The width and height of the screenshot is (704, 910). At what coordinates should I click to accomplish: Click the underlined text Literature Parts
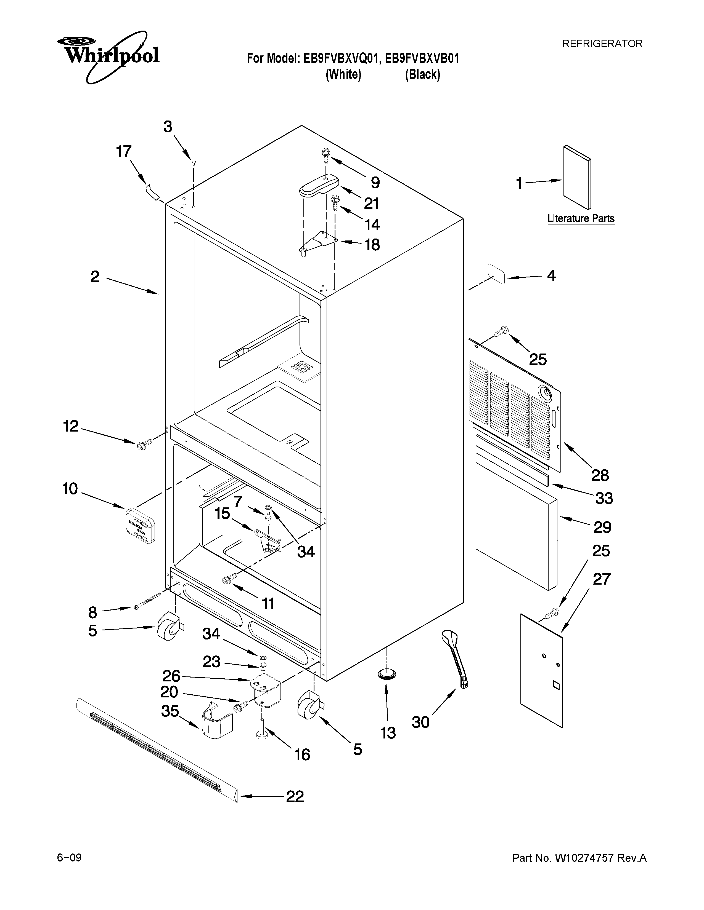tap(581, 218)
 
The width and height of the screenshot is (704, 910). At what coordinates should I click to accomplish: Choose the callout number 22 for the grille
tap(295, 796)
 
